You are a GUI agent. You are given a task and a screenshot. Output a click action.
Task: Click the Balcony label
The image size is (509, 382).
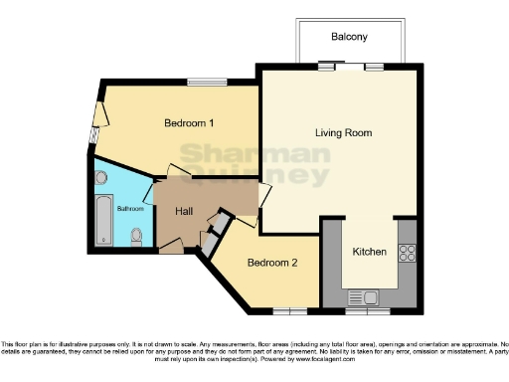pos(349,37)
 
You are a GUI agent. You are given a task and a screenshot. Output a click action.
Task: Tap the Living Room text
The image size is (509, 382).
pos(343,132)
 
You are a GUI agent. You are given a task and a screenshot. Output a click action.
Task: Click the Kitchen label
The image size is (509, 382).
pos(370,252)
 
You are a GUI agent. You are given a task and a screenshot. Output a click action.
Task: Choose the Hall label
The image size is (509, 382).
pos(184,212)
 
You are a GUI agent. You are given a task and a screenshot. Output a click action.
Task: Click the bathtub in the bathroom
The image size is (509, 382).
pos(102,220)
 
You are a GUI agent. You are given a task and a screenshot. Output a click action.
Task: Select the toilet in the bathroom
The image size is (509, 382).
pos(137,236)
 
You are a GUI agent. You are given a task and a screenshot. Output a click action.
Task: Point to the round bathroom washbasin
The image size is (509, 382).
pos(101,178)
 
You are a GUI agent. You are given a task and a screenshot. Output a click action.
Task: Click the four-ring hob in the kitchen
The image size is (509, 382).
pos(406,253)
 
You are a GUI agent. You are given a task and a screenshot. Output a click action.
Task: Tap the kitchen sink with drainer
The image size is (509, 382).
pos(363,296)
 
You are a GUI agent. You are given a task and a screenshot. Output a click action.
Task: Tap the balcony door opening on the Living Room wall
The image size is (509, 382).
pos(349,68)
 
